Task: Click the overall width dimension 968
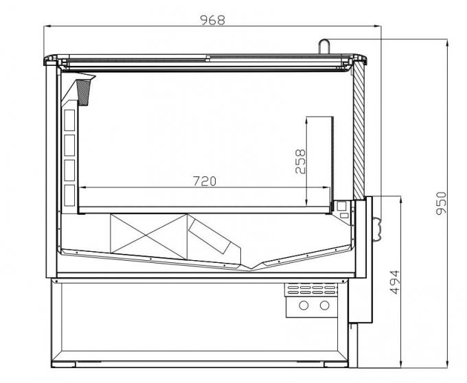(212, 19)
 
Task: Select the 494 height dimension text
(394, 282)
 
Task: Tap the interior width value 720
(205, 181)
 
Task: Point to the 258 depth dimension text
(300, 162)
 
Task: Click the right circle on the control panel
(323, 305)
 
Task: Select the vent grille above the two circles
(312, 288)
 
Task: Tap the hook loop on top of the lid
(325, 45)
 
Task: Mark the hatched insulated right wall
(358, 130)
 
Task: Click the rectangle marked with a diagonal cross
(148, 235)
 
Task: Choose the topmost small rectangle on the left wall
(69, 120)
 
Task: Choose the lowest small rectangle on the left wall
(69, 191)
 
